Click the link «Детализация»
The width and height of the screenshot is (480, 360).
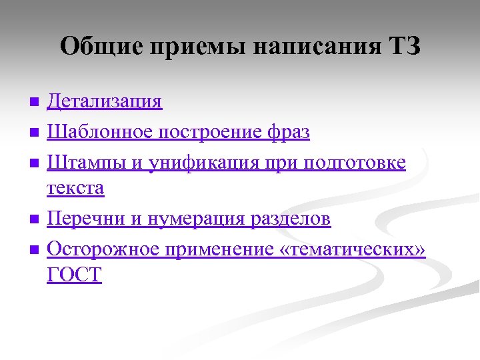pyautogui.click(x=105, y=102)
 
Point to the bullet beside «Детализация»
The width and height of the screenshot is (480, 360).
pyautogui.click(x=35, y=102)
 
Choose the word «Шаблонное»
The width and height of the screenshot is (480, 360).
pyautogui.click(x=100, y=133)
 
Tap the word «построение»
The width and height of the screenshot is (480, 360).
pyautogui.click(x=209, y=133)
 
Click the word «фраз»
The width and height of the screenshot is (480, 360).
pyautogui.click(x=289, y=133)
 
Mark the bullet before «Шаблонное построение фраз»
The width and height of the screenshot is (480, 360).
pyautogui.click(x=35, y=133)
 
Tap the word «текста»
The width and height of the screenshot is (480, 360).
pyautogui.click(x=75, y=189)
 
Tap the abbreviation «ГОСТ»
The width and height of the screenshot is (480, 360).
pyautogui.click(x=75, y=275)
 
